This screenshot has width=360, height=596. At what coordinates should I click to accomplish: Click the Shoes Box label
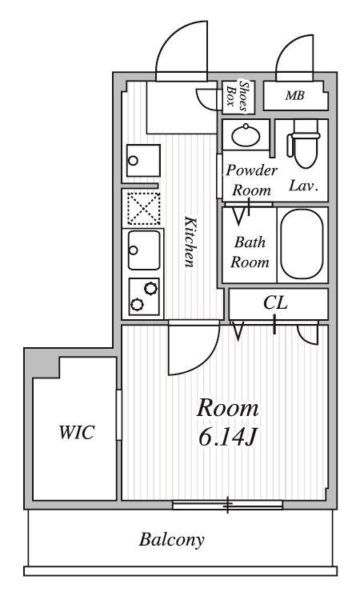[237, 97]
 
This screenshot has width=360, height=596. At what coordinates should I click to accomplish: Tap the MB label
[295, 95]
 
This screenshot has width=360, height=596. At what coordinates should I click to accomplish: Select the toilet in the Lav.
[305, 144]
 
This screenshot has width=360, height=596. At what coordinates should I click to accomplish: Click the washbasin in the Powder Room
[246, 135]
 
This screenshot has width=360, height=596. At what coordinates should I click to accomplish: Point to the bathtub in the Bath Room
[302, 245]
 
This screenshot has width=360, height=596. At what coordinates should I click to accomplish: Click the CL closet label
[276, 303]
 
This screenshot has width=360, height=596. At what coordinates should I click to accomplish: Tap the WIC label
[77, 433]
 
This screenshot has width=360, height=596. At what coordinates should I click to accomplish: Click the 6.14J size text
[228, 438]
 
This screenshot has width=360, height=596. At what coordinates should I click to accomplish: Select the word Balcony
[171, 540]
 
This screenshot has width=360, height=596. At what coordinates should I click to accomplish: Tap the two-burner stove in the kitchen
[144, 297]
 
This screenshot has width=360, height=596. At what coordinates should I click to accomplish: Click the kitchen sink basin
[144, 250]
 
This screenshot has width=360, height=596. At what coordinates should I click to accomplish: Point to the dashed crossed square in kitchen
[144, 208]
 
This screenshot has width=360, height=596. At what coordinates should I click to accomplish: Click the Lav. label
[303, 186]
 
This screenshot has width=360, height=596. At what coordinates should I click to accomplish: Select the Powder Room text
[252, 180]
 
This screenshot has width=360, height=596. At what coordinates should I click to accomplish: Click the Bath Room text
[250, 252]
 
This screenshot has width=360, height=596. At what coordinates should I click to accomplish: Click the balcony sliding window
[227, 505]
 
